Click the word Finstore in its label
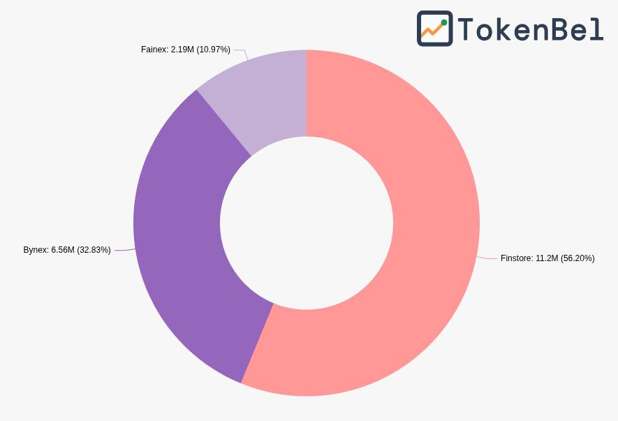[517, 258]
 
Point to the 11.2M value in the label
[547, 258]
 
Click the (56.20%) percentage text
[577, 258]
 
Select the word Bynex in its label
[36, 250]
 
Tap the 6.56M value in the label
[63, 250]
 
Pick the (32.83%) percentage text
[94, 250]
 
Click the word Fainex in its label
[154, 50]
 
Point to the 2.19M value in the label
[182, 50]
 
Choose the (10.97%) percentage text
[213, 50]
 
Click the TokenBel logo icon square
[434, 29]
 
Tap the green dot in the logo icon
[444, 22]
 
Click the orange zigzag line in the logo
[432, 31]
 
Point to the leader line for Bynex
[123, 250]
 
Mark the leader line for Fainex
[241, 50]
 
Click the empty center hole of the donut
[307, 223]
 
